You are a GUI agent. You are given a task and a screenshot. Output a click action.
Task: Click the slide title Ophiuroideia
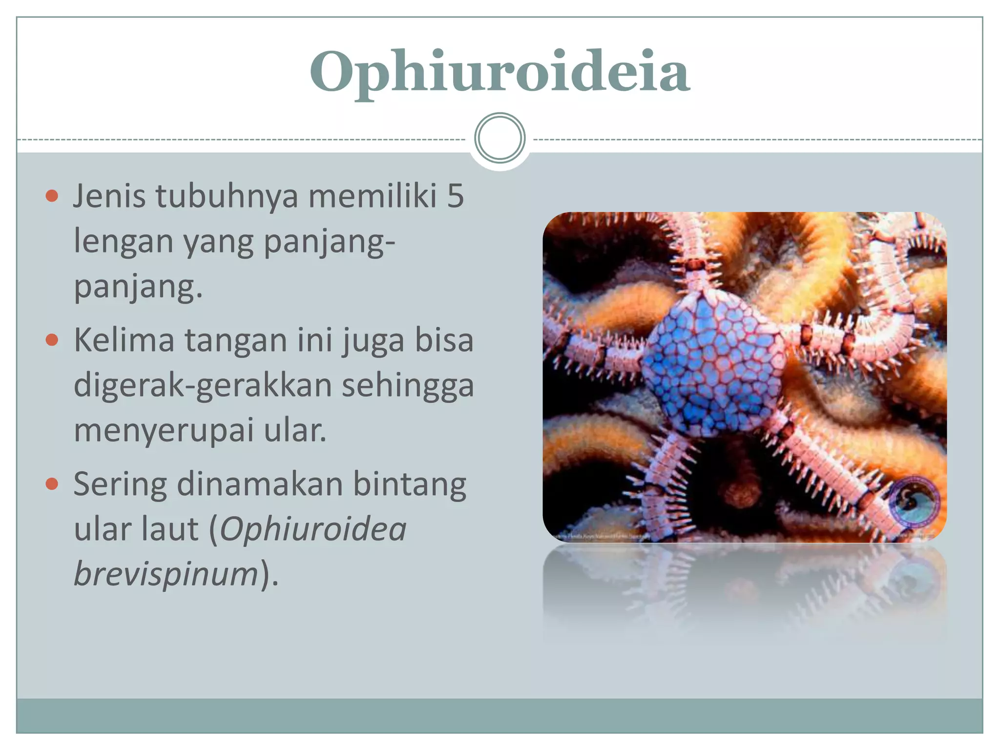tap(500, 72)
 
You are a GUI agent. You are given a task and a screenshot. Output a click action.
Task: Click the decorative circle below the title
tap(500, 138)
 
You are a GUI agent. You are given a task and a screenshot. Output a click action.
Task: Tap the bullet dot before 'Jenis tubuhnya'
tap(52, 196)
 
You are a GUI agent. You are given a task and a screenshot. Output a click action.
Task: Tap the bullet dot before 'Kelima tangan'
tap(52, 340)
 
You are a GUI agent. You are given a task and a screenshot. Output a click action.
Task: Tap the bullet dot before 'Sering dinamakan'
tap(52, 484)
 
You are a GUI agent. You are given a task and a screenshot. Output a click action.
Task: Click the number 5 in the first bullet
tap(455, 196)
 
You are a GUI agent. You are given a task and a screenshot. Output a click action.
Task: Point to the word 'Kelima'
tap(124, 340)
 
